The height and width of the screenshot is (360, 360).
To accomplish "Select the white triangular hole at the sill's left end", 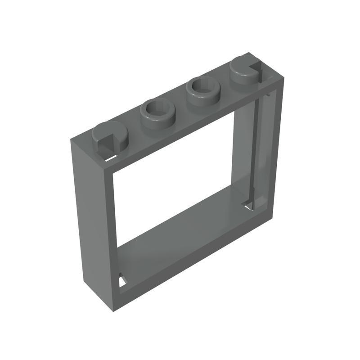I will [122, 282].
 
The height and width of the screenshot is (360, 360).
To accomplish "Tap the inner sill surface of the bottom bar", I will [180, 234].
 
